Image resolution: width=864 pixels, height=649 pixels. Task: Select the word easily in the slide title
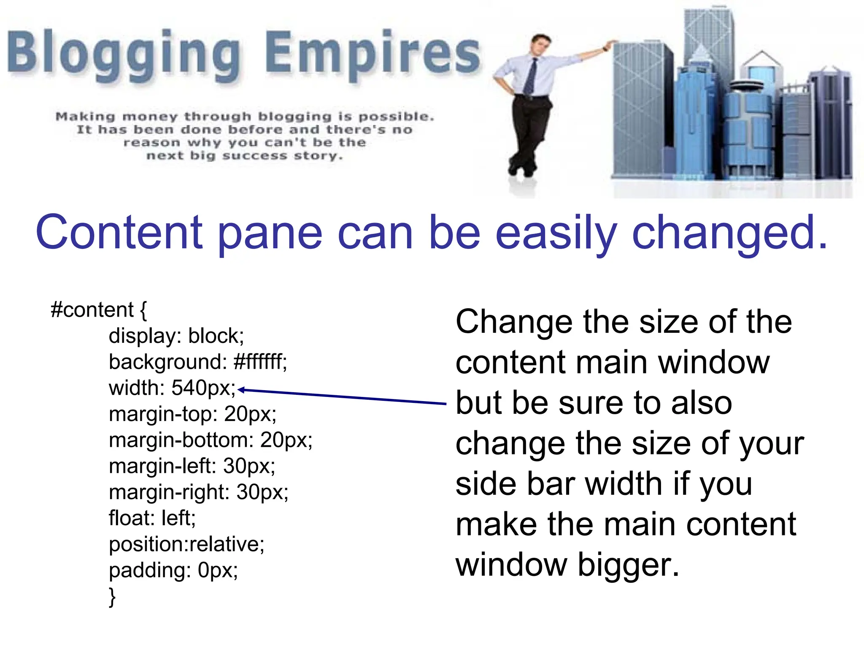pyautogui.click(x=556, y=233)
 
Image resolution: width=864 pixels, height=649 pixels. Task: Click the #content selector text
pyautogui.click(x=92, y=310)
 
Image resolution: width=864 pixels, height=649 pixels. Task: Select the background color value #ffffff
pyautogui.click(x=260, y=362)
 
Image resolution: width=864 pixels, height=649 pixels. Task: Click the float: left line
pyautogui.click(x=152, y=518)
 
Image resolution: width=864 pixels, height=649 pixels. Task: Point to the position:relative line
pyautogui.click(x=186, y=544)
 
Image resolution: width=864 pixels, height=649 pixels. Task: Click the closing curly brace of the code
pyautogui.click(x=112, y=597)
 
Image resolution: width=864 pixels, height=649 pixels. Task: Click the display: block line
pyautogui.click(x=176, y=336)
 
